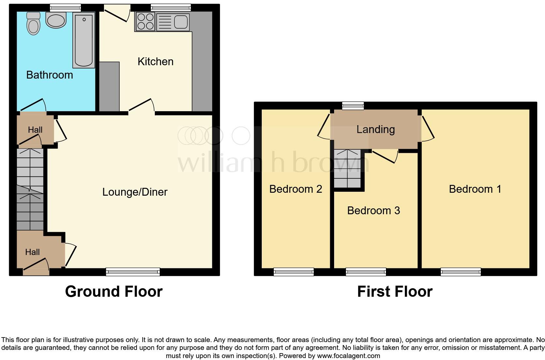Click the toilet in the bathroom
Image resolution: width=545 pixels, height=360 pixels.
[33, 23]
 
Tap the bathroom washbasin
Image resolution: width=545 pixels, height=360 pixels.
[56, 20]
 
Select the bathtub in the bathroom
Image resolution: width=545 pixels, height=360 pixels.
[84, 40]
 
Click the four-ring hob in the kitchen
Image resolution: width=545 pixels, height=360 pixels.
[145, 22]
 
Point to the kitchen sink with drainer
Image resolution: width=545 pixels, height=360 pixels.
[173, 22]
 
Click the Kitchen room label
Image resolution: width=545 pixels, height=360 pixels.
[155, 62]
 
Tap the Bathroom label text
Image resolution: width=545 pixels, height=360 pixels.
[50, 75]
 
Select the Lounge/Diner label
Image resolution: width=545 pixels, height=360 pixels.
[135, 192]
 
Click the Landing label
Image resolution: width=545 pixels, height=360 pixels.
[376, 129]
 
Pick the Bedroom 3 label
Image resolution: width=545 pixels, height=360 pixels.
[374, 211]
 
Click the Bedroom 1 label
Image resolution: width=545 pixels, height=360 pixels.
[475, 189]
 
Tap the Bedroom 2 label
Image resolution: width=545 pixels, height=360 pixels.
[296, 189]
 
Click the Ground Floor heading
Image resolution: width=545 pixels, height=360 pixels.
[114, 291]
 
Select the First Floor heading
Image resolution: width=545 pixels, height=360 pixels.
[395, 291]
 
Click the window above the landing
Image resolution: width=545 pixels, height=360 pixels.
[353, 105]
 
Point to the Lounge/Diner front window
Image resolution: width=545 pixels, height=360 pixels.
[133, 272]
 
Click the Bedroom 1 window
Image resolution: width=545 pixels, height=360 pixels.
[461, 272]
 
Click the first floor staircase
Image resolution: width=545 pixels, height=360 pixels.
[347, 169]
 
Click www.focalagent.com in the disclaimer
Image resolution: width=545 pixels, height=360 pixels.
[348, 356]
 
